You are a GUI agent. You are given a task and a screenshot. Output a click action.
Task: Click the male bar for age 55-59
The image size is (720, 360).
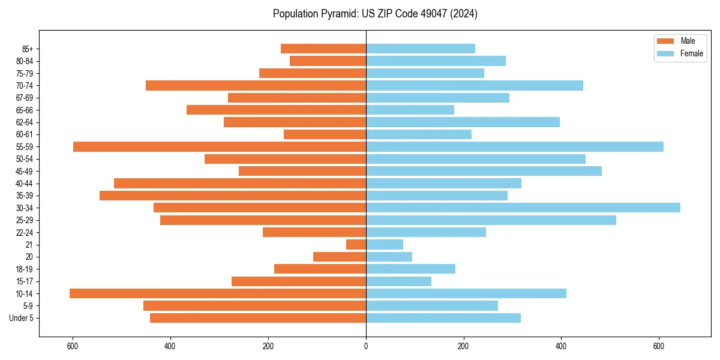click(220, 146)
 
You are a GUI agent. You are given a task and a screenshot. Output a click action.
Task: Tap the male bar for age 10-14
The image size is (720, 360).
click(218, 293)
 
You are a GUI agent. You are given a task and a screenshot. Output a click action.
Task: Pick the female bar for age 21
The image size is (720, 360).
click(385, 244)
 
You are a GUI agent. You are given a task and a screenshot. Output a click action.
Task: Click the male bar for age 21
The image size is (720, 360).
click(356, 244)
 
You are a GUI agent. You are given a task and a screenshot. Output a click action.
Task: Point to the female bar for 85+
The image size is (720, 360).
click(421, 49)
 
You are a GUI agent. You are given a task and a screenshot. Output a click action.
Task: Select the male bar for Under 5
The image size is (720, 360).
click(258, 318)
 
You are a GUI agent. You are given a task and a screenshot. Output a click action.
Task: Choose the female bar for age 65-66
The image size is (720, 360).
click(410, 110)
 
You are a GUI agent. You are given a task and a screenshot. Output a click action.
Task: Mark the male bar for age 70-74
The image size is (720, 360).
click(256, 85)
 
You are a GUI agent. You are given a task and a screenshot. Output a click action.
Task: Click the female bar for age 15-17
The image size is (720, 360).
click(398, 281)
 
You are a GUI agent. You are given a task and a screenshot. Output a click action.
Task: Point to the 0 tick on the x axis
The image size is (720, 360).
click(366, 346)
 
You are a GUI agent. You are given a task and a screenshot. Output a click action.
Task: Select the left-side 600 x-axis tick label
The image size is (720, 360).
click(73, 346)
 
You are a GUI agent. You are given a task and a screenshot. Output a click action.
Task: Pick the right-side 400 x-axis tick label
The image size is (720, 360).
click(561, 346)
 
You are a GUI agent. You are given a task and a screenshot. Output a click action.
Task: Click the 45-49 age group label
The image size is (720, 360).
click(25, 171)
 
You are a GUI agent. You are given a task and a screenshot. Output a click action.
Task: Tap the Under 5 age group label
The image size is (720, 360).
click(22, 318)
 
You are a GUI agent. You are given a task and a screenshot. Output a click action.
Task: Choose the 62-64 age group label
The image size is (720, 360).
click(25, 122)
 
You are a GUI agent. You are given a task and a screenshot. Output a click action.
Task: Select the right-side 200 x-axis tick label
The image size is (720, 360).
click(463, 346)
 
